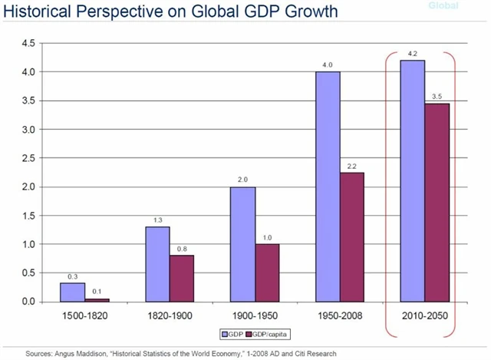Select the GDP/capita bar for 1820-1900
[x=183, y=278]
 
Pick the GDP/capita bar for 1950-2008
[x=351, y=237]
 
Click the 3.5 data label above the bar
[x=437, y=97]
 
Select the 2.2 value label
[x=351, y=167]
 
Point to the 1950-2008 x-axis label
[x=341, y=315]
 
